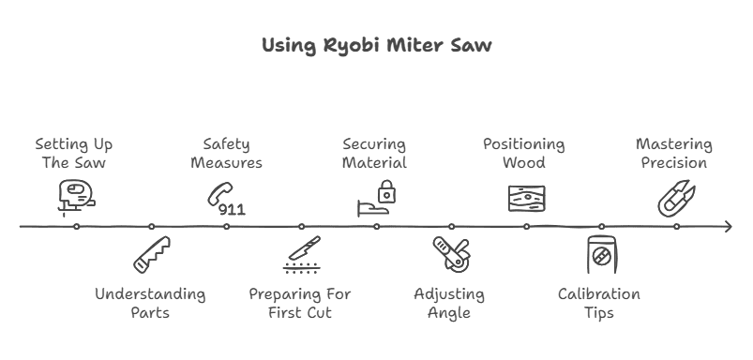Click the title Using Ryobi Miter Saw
(x=375, y=46)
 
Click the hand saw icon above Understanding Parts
(x=152, y=254)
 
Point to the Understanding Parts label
(x=150, y=303)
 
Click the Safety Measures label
(x=226, y=154)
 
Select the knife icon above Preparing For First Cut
(x=301, y=254)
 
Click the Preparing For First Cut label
(x=300, y=303)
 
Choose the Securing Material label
(x=374, y=154)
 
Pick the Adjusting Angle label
(x=449, y=303)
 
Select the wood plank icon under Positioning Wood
(x=526, y=199)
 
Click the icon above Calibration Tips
(x=600, y=255)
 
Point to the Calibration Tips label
(x=599, y=303)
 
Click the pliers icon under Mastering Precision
(x=675, y=198)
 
